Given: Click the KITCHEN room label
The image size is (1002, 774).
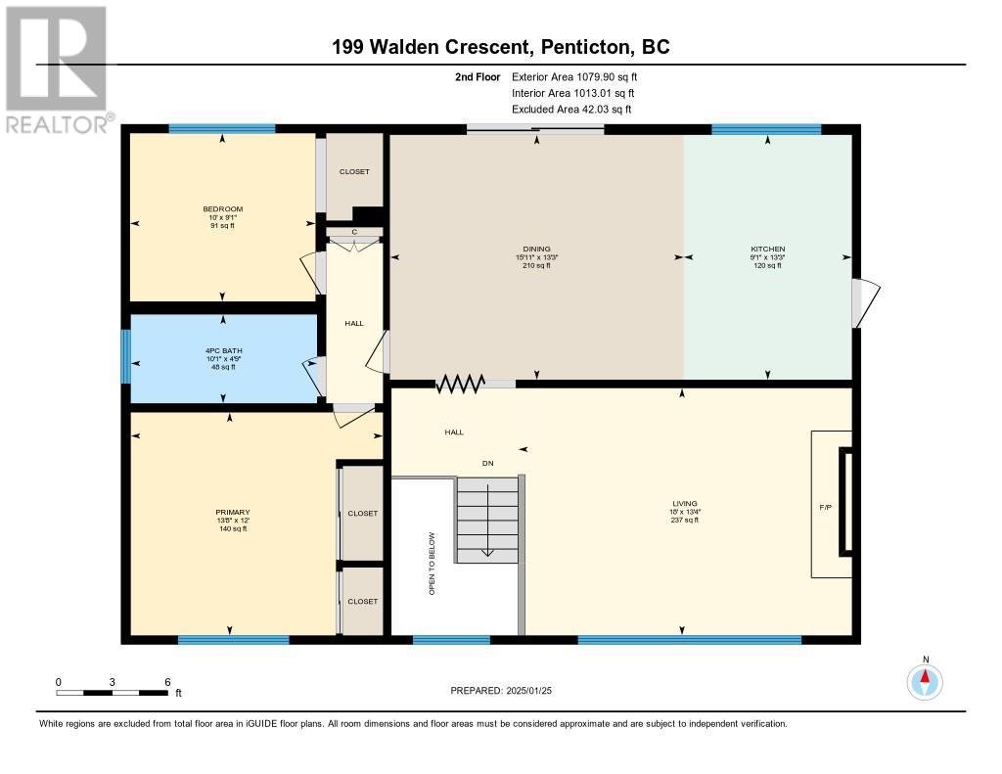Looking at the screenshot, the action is click(x=767, y=249).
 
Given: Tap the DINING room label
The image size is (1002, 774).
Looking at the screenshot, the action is click(x=536, y=249).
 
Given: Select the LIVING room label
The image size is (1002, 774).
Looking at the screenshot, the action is click(x=684, y=503).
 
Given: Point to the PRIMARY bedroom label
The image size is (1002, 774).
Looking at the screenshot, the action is click(x=233, y=512).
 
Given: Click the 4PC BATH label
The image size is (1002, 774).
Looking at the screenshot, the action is click(x=224, y=350).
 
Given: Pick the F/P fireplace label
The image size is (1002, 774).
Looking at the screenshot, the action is click(x=826, y=507).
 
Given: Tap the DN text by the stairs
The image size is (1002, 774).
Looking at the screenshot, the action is click(x=487, y=463).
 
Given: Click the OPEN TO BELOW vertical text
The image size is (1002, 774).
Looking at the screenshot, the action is click(x=432, y=564).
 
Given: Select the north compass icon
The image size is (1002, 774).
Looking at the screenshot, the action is click(x=925, y=681).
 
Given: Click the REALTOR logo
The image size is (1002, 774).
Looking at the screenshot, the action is click(x=58, y=69).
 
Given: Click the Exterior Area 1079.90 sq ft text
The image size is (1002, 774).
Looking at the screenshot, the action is click(x=574, y=76).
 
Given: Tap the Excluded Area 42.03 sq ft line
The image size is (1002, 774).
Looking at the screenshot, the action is click(x=571, y=110).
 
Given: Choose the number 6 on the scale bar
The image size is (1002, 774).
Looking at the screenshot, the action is click(x=167, y=682).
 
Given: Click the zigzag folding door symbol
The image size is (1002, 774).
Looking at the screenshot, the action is click(x=460, y=384).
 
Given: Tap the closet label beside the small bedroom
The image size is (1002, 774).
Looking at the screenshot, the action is click(x=354, y=171).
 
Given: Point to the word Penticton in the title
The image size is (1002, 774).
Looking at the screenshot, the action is click(x=584, y=47).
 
